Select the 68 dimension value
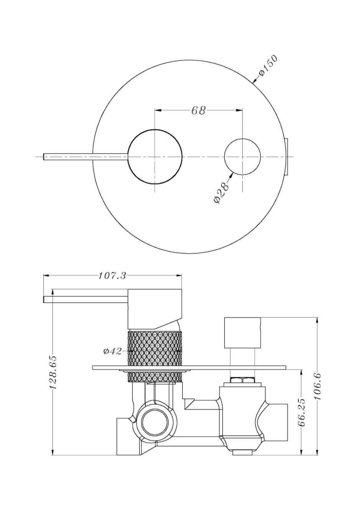point(198,111)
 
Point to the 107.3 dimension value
point(112,275)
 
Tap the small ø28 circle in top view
point(242,157)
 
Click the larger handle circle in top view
point(155,157)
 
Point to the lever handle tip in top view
point(44,157)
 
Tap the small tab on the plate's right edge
point(287,157)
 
